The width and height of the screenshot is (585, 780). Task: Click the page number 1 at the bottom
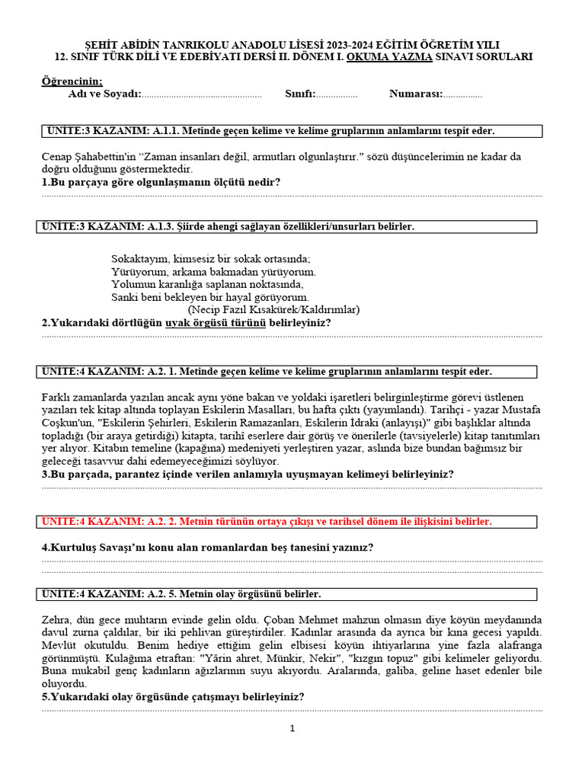pos(292,729)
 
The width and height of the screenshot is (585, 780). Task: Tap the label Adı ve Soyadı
pos(104,94)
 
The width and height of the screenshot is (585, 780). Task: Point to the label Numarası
pos(415,94)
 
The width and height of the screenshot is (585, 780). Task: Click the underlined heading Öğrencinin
pos(72,82)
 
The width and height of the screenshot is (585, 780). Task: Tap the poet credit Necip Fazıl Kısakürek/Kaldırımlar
pos(273,310)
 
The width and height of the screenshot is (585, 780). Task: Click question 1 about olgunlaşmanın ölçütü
pos(161,183)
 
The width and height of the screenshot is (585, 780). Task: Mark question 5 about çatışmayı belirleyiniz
pos(173,697)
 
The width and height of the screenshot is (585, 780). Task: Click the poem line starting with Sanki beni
pos(209,297)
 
